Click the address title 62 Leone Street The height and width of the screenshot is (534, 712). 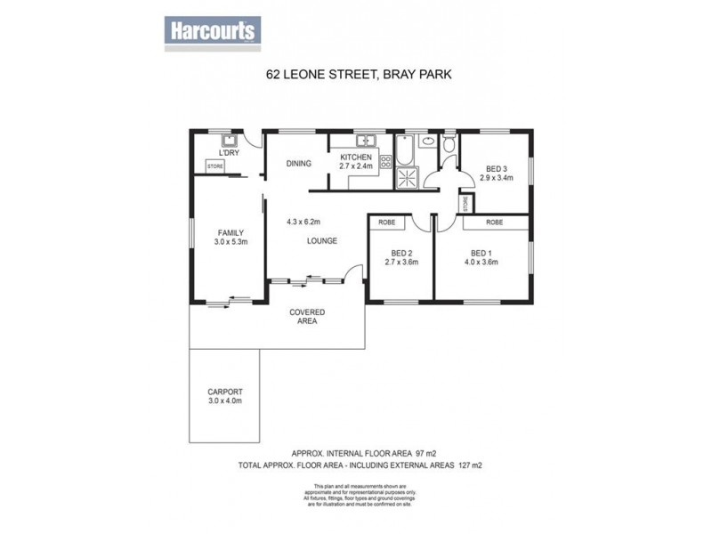coord(359,76)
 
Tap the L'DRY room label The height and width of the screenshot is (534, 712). coord(229,153)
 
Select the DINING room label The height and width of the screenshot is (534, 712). coord(297,163)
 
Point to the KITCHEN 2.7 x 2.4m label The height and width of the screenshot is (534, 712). coord(355,162)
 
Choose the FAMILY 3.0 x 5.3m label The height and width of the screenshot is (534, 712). coord(230,238)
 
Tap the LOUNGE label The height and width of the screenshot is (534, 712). coord(321,241)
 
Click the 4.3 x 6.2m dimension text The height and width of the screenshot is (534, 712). coord(303,222)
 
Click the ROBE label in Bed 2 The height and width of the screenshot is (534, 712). coord(386,222)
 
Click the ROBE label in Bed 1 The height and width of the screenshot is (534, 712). coord(494,222)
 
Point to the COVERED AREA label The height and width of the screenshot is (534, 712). coord(306,317)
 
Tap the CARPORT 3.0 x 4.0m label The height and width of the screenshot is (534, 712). coord(224,396)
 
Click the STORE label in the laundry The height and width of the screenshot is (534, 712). coord(214,166)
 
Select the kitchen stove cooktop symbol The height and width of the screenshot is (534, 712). coord(386,161)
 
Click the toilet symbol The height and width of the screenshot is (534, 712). coord(448,145)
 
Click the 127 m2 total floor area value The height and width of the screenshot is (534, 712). coord(470,465)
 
